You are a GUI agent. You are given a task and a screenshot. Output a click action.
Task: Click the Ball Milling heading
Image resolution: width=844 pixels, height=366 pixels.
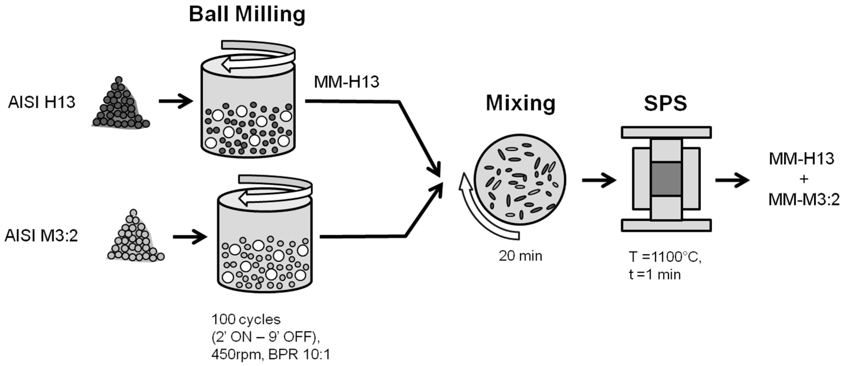247,15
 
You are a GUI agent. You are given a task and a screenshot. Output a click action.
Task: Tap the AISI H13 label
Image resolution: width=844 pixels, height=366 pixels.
42,103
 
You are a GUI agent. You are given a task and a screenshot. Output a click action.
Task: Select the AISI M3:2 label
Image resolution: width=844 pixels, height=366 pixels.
41,236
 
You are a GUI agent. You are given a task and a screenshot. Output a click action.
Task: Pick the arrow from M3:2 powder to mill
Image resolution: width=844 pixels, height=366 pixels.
190,236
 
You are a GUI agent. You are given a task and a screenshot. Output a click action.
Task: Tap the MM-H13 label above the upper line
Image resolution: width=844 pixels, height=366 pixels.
346,82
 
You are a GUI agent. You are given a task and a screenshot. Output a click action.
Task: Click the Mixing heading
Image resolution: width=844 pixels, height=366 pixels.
520,103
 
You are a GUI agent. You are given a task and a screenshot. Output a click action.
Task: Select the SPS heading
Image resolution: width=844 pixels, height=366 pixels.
665,103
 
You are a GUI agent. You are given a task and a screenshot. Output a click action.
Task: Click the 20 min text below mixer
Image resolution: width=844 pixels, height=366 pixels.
520,256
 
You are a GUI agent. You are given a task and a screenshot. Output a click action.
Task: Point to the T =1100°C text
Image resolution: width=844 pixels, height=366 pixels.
665,257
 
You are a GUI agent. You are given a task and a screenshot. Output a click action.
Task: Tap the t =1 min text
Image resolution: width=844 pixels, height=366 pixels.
655,274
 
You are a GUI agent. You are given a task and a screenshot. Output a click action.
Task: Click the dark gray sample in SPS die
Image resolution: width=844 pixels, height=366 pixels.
666,179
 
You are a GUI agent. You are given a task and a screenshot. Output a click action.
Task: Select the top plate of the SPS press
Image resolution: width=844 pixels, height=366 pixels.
666,133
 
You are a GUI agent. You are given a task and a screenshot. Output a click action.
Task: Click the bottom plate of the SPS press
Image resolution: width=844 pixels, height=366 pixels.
666,226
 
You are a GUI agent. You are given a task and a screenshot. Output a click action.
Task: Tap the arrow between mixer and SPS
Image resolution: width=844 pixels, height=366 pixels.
599,180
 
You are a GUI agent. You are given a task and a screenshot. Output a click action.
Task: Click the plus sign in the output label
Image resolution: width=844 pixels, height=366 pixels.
804,179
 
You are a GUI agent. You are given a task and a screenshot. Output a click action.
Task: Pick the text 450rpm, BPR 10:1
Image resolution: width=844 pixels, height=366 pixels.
271,354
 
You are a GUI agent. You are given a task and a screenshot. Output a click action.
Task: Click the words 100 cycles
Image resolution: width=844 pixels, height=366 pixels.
246,319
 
